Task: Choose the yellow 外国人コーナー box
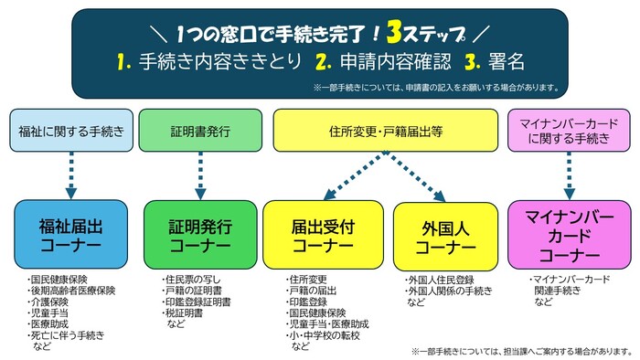click(445, 235)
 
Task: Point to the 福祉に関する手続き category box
click(70, 131)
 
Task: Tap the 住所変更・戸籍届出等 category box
click(385, 131)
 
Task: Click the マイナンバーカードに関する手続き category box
click(569, 131)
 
